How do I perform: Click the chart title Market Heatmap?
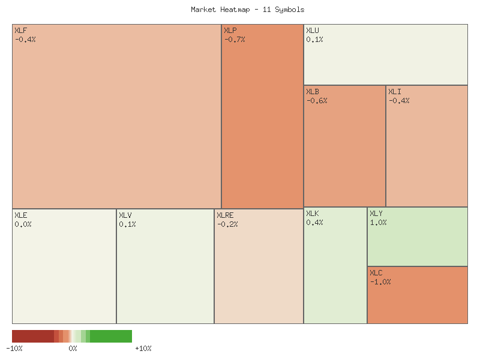(247, 10)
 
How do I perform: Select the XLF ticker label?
(20, 31)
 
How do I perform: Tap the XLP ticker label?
(230, 31)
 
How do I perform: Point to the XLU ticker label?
(313, 31)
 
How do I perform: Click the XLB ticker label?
(313, 92)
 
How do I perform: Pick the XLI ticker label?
(395, 92)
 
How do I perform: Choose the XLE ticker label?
(20, 215)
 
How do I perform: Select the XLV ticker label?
(125, 215)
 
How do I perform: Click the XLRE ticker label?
(225, 215)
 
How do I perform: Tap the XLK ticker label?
(313, 214)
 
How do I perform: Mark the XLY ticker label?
(376, 214)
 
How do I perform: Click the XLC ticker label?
(376, 273)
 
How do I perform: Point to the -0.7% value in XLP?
(235, 40)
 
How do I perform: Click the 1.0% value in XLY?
(378, 223)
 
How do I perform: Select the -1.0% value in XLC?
(380, 282)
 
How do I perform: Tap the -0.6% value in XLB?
(317, 101)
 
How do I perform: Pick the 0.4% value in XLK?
(314, 223)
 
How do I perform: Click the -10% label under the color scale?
(14, 349)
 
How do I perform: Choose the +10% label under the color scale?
(143, 349)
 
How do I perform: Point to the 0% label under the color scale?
(73, 349)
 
